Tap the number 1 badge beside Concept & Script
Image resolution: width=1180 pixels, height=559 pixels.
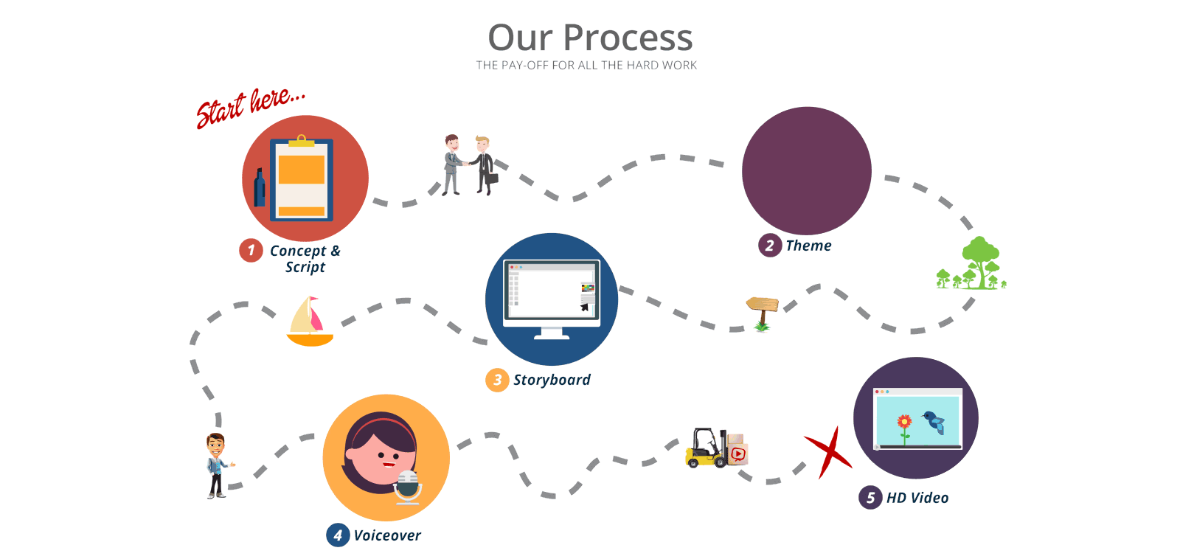(251, 251)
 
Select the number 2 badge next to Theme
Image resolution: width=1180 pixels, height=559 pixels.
(769, 246)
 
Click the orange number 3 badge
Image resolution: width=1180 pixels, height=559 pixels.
(497, 380)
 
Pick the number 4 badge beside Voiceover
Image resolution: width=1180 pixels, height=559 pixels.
(338, 535)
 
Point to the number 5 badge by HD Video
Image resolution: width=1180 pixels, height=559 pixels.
(870, 498)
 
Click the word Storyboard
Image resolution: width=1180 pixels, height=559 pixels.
(552, 380)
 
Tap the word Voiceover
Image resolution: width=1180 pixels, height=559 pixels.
(387, 535)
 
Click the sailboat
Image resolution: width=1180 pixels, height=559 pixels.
(310, 322)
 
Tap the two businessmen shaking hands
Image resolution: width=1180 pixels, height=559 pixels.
(468, 164)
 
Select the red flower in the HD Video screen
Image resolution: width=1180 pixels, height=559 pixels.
(904, 423)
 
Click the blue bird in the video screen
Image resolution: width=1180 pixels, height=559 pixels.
(935, 421)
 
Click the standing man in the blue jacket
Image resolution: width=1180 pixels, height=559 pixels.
(216, 465)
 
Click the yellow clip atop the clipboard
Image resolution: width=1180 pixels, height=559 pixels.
(301, 141)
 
